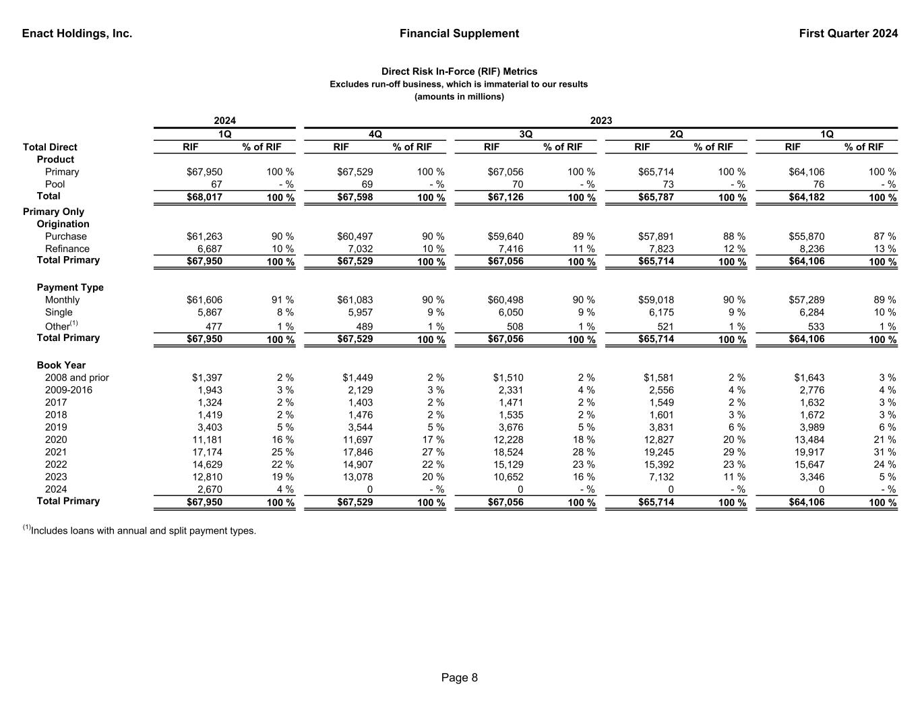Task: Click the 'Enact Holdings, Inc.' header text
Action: click(x=77, y=34)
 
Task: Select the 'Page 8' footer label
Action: click(x=460, y=677)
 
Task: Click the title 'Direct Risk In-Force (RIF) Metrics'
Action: click(x=460, y=71)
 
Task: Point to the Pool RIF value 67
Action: click(x=216, y=184)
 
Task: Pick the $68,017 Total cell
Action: click(x=204, y=197)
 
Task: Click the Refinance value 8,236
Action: click(x=811, y=249)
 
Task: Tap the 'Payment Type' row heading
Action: click(x=70, y=287)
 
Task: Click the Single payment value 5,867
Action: click(x=209, y=312)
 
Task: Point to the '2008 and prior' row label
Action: click(x=77, y=377)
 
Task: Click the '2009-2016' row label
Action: click(x=69, y=390)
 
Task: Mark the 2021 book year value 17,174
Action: click(x=208, y=452)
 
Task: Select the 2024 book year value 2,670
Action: click(x=209, y=489)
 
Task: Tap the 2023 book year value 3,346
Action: click(x=811, y=476)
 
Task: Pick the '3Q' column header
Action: click(x=526, y=134)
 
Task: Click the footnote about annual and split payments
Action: click(x=140, y=530)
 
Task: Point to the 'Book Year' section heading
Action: click(x=61, y=365)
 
